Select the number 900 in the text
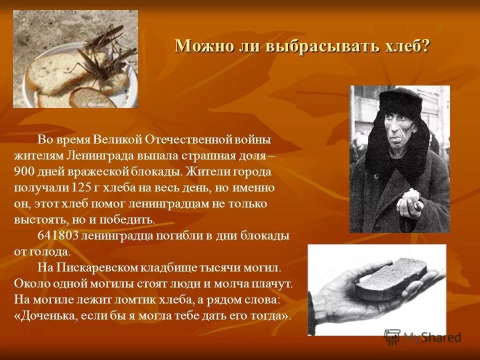tap(24, 171)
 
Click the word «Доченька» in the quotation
tap(47, 316)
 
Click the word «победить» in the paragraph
tap(132, 220)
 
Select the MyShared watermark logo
tap(423, 337)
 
